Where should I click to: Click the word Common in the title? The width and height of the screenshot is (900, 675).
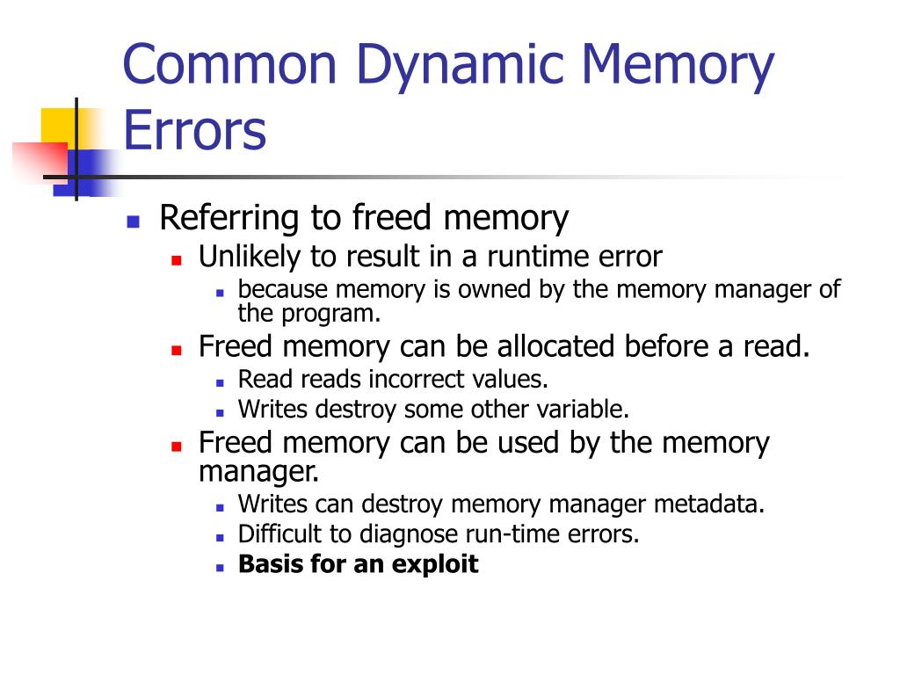pyautogui.click(x=229, y=64)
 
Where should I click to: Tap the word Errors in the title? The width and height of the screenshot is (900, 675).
pyautogui.click(x=194, y=131)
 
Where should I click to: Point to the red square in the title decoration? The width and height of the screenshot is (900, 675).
pyautogui.click(x=40, y=162)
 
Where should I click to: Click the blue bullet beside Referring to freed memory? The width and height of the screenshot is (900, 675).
pyautogui.click(x=134, y=221)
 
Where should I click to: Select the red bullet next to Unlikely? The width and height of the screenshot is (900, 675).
pyautogui.click(x=176, y=260)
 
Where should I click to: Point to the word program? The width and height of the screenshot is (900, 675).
pyautogui.click(x=330, y=314)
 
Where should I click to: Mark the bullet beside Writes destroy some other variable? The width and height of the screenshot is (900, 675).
pyautogui.click(x=220, y=413)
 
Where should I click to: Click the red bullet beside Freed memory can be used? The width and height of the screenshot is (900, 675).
pyautogui.click(x=176, y=446)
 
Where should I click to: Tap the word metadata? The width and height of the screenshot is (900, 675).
pyautogui.click(x=709, y=504)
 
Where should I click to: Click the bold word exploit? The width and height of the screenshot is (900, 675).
pyautogui.click(x=435, y=565)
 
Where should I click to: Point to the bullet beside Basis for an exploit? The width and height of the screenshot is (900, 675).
pyautogui.click(x=220, y=568)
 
